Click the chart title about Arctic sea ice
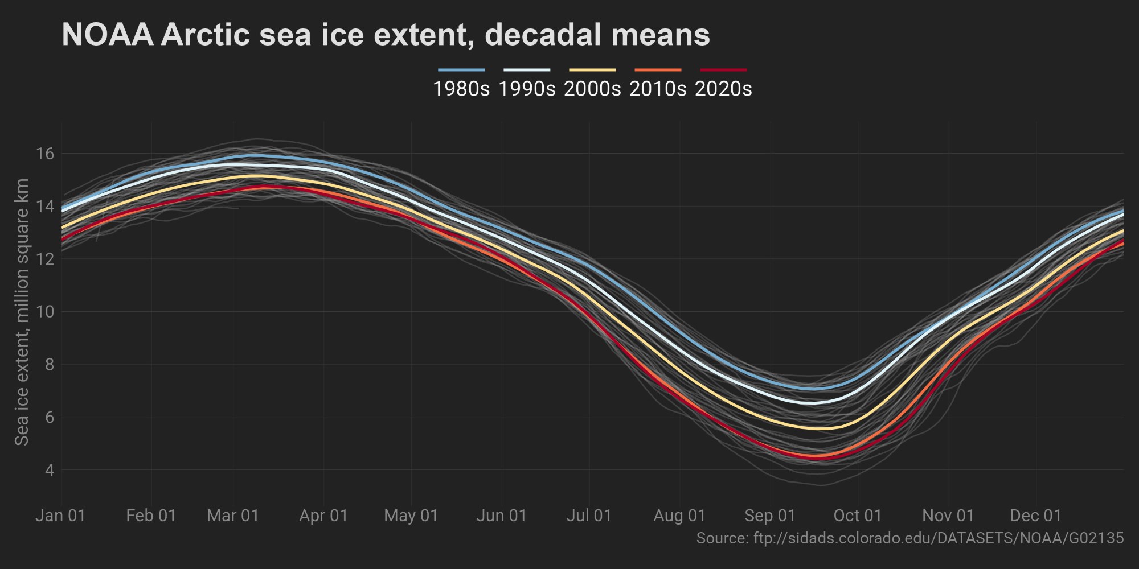[386, 35]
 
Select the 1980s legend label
[461, 89]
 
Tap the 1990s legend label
[527, 89]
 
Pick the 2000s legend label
[592, 89]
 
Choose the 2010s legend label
[658, 89]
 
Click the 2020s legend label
[723, 89]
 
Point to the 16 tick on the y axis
[46, 154]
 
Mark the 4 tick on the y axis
[49, 470]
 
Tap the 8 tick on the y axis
[49, 364]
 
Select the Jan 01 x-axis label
[60, 516]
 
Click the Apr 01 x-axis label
[323, 516]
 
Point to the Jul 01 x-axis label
[589, 516]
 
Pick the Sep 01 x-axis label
[770, 516]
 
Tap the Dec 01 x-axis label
[1036, 516]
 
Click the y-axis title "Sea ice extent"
[22, 312]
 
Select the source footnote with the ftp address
[910, 538]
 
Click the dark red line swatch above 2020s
[723, 70]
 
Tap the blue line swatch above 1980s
[461, 70]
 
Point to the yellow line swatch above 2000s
[592, 70]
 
